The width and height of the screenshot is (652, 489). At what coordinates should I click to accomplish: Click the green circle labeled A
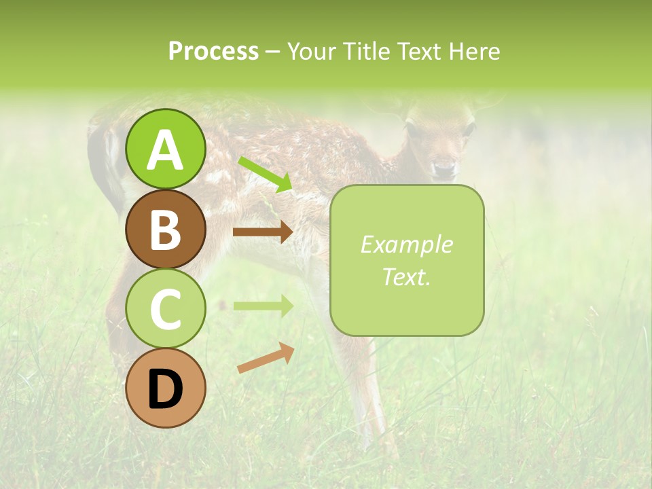click(x=166, y=149)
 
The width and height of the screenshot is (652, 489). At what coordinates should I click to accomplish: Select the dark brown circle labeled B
click(x=166, y=229)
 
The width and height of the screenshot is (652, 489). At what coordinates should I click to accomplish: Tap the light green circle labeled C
click(x=166, y=308)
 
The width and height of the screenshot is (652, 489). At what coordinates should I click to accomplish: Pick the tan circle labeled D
click(x=166, y=388)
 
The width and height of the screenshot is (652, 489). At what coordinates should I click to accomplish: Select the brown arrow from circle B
click(x=262, y=232)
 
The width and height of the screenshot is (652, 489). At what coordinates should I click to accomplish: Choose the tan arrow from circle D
click(x=266, y=357)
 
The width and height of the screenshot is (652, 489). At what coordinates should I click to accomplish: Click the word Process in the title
click(x=213, y=51)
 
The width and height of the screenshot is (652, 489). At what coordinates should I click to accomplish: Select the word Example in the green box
click(x=406, y=244)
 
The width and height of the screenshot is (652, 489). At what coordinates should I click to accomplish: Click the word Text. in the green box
click(x=406, y=276)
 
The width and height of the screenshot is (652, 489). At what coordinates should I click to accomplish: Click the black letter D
click(x=166, y=389)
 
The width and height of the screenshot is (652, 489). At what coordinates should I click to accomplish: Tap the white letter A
click(x=166, y=150)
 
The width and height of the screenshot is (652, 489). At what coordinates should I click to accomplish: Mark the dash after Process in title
click(x=272, y=52)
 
